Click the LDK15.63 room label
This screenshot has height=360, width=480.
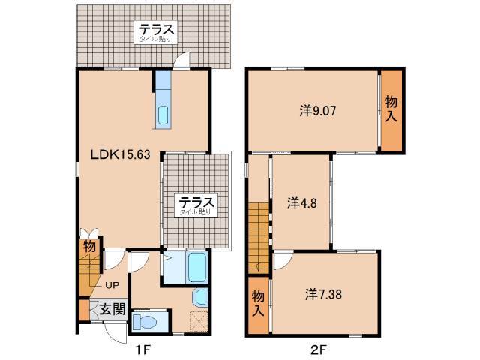(x=120, y=154)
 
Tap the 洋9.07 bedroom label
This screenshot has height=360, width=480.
(x=318, y=111)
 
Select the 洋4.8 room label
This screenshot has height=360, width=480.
(x=301, y=203)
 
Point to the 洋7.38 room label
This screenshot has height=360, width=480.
(x=323, y=294)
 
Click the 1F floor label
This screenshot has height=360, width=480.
(x=142, y=349)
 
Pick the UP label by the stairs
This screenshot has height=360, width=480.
(x=112, y=285)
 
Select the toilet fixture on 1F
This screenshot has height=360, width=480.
(x=145, y=322)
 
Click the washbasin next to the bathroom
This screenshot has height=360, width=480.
(x=200, y=298)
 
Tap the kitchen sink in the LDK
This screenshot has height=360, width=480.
(x=163, y=115)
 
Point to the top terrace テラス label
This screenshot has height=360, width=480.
(x=156, y=30)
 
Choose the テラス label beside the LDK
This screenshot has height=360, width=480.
(x=196, y=202)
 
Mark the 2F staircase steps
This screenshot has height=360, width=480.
(x=259, y=238)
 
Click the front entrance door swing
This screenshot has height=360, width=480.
(x=115, y=333)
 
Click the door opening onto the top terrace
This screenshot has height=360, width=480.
(x=181, y=60)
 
